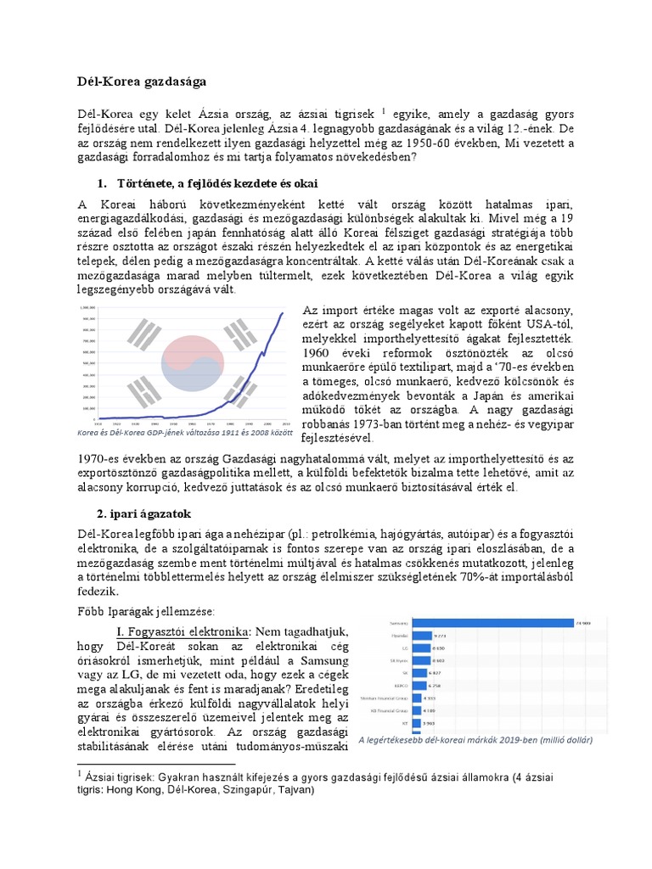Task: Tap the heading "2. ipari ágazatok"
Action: tap(143, 514)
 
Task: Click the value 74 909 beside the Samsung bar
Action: tap(582, 623)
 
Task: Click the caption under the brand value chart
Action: tap(475, 739)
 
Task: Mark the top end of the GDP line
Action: tap(283, 313)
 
